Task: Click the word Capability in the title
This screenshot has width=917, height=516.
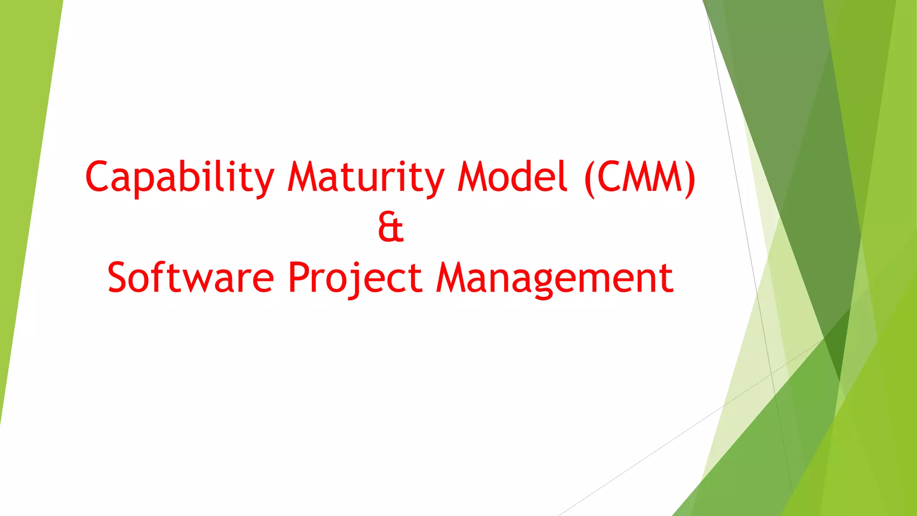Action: click(x=179, y=177)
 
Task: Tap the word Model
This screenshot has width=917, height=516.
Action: click(x=512, y=176)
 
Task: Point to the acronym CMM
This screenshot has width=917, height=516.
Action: click(x=640, y=176)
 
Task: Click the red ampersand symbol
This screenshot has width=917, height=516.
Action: click(x=390, y=227)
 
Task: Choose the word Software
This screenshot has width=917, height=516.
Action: click(x=191, y=278)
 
